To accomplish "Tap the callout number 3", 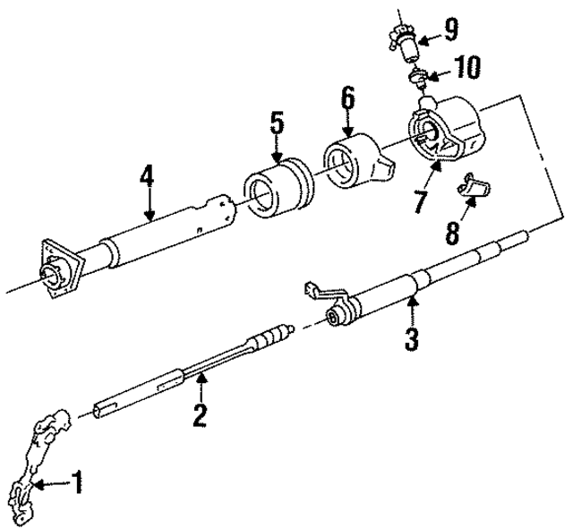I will (411, 338).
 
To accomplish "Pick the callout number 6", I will (348, 98).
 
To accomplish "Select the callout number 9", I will (449, 31).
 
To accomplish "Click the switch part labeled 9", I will (402, 37).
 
